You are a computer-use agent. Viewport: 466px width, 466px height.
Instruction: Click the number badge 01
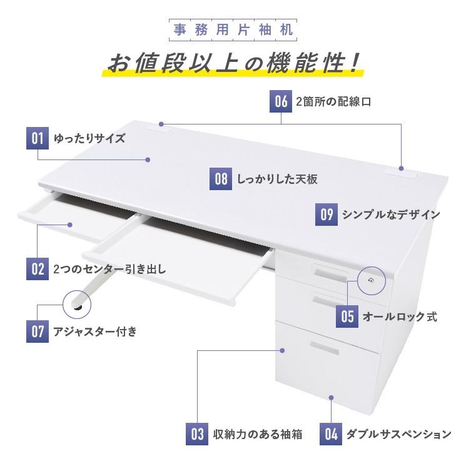pyautogui.click(x=38, y=138)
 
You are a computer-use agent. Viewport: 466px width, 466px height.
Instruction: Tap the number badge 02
pyautogui.click(x=38, y=270)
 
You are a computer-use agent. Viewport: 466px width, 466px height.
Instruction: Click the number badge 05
pyautogui.click(x=348, y=317)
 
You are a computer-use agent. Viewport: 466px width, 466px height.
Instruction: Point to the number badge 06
pyautogui.click(x=281, y=101)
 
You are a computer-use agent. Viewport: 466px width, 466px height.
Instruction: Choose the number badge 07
pyautogui.click(x=38, y=331)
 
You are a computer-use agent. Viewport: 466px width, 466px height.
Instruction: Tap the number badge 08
pyautogui.click(x=221, y=180)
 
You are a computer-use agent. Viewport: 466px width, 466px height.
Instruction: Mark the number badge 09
pyautogui.click(x=327, y=215)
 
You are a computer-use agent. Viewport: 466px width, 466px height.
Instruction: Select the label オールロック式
pyautogui.click(x=400, y=317)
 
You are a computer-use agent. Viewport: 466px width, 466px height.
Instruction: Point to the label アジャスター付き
pyautogui.click(x=94, y=332)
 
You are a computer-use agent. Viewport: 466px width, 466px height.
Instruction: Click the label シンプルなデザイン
pyautogui.click(x=390, y=215)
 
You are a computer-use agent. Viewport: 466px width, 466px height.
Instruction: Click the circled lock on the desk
pyautogui.click(x=373, y=281)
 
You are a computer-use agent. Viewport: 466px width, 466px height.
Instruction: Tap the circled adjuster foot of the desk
pyautogui.click(x=77, y=305)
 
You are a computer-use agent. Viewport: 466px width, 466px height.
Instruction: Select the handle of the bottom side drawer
pyautogui.click(x=325, y=348)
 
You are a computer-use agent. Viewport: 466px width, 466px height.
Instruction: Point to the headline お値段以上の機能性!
pyautogui.click(x=233, y=63)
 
